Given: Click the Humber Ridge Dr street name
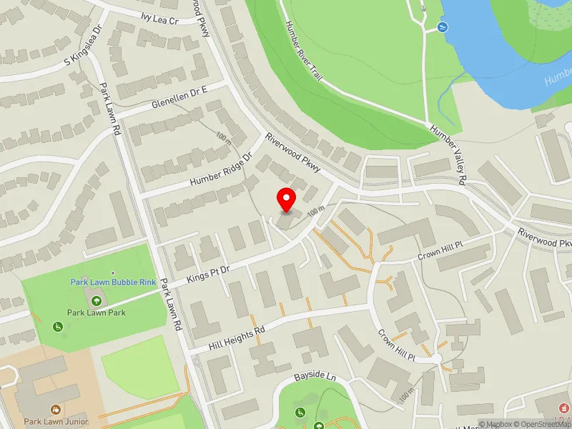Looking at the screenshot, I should pos(221,170).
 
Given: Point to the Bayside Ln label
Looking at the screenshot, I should pos(315,376).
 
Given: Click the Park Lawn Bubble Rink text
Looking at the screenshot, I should pos(113,282).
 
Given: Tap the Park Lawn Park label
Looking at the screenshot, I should pos(97,312).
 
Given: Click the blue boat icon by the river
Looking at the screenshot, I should pos(441,28).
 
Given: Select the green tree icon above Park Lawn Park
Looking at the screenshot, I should pos(97,300).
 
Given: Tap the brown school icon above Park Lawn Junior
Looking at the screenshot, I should pos(56,410).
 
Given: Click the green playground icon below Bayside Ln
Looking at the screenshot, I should pos(301,412).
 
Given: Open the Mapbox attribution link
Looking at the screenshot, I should pos(501,424).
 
